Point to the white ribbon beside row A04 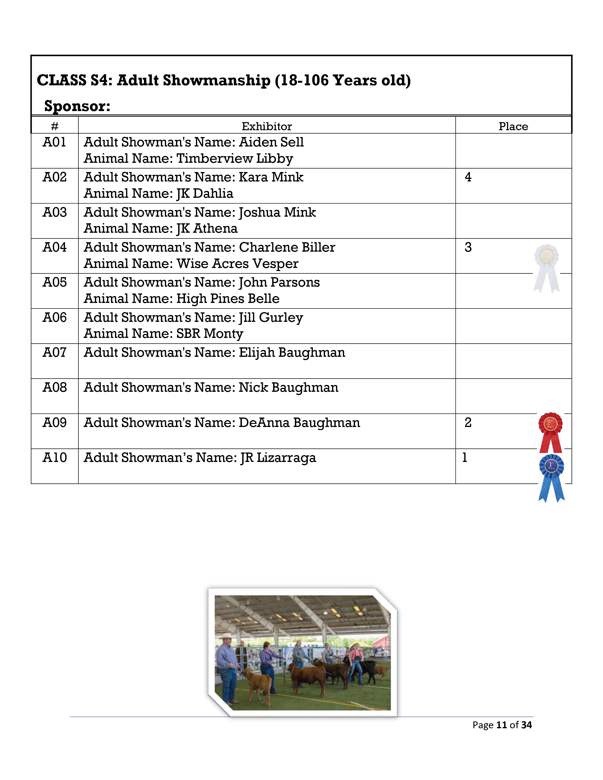click(546, 268)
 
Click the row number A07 click(55, 353)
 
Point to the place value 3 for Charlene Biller click(468, 247)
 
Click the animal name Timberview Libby click(235, 158)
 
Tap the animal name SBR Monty click(210, 334)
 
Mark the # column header click(55, 126)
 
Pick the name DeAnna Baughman click(299, 422)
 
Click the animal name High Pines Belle click(228, 299)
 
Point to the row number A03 click(55, 212)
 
